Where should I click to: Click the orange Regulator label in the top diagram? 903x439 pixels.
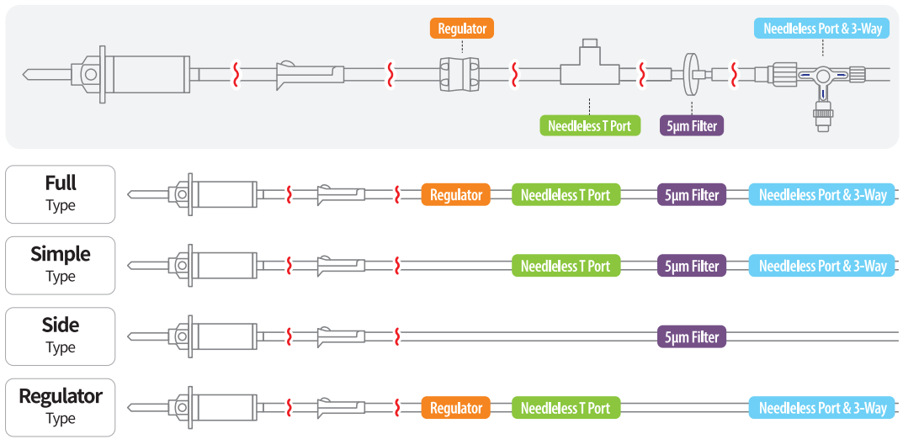[x=462, y=29]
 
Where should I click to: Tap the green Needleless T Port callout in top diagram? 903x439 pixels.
[x=590, y=126]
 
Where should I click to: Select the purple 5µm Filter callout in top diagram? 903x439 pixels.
[x=692, y=126]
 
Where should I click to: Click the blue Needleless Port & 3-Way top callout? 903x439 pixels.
[x=822, y=29]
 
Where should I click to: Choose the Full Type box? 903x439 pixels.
[x=60, y=194]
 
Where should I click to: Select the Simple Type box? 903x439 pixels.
[x=60, y=265]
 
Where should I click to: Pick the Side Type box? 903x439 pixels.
[x=60, y=336]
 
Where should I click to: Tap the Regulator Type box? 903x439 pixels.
[x=60, y=407]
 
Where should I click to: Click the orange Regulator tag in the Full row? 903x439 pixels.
[x=456, y=195]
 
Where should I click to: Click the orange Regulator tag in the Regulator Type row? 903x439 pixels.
[x=456, y=408]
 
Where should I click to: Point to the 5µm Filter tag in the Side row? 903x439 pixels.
[x=692, y=337]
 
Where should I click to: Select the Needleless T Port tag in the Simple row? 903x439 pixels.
[x=566, y=266]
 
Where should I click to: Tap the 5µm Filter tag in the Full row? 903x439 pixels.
[x=692, y=195]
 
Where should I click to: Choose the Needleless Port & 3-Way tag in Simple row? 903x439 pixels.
[x=822, y=266]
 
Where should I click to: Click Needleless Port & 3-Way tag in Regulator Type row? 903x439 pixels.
[x=822, y=408]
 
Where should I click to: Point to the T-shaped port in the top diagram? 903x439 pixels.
[x=590, y=69]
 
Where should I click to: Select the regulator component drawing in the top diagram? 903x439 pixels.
[x=459, y=74]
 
